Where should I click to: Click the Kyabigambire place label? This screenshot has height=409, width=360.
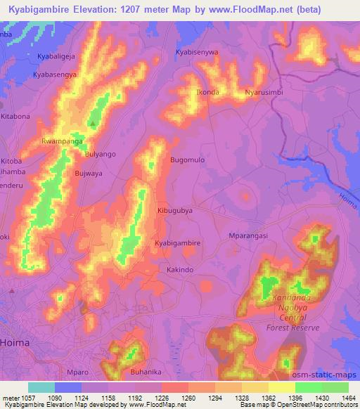point(178,242)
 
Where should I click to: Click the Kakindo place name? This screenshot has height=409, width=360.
point(179,268)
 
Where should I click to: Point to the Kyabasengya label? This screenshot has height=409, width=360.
point(56,72)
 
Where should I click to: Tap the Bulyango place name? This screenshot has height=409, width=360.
point(100,153)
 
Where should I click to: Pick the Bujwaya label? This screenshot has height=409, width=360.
point(88,172)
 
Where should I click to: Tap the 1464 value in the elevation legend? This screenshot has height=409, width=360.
point(348,398)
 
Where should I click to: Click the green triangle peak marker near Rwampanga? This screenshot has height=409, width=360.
point(93,124)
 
